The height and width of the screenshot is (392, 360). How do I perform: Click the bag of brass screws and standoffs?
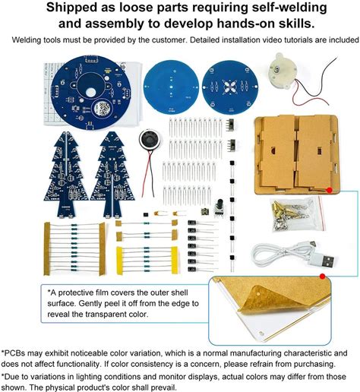[297, 214]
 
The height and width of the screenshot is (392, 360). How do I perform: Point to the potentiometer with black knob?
[219, 208]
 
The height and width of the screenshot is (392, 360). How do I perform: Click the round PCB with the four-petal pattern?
[230, 87]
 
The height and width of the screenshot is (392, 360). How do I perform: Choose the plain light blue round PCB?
[171, 87]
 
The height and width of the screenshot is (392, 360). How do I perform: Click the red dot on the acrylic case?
[329, 190]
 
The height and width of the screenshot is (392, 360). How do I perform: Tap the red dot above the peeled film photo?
[322, 277]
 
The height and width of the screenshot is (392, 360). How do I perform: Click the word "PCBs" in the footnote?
[14, 353]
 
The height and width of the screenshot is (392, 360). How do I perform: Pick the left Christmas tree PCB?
[66, 175]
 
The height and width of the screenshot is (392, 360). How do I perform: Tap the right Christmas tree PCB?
[112, 175]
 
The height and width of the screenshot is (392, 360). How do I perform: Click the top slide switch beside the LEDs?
[232, 125]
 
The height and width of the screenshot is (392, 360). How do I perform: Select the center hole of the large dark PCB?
[90, 93]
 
